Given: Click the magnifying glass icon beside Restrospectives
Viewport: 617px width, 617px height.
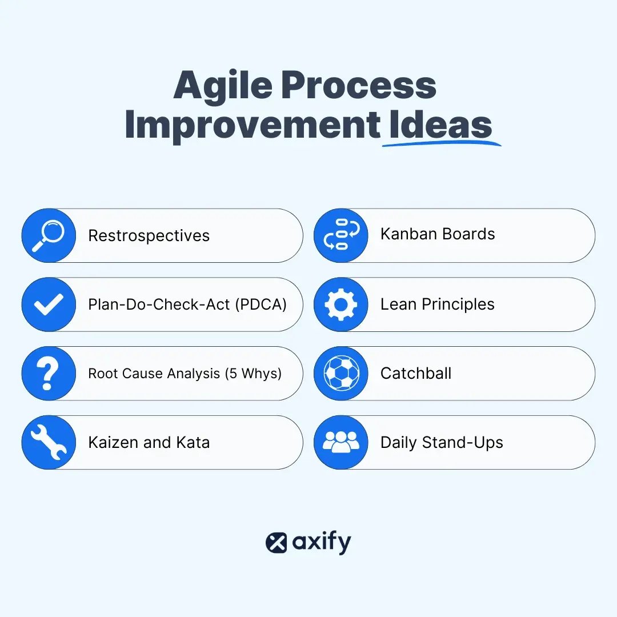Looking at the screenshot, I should pos(49,235).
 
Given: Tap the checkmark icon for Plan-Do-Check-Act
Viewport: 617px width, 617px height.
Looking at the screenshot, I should pos(49,305).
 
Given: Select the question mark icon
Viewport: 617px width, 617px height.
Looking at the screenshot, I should pos(49,374).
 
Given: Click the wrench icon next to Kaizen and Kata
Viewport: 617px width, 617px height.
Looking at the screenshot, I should pos(49,443).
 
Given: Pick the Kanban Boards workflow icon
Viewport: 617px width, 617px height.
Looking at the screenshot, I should pos(341,234).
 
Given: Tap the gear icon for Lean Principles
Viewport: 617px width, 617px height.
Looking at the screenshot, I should pos(341,305).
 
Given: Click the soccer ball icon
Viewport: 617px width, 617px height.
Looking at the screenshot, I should pos(341,374).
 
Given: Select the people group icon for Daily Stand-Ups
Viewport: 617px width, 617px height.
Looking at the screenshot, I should pos(341,442).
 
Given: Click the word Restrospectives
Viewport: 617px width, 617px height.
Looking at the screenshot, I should pos(149,236).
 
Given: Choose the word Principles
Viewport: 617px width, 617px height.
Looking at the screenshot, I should pos(458,305).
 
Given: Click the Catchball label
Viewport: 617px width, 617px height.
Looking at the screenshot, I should pos(416,374).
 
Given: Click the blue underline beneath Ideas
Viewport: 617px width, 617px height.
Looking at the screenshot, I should pos(441,143).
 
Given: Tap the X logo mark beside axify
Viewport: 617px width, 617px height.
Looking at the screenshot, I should pos(277,543).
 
